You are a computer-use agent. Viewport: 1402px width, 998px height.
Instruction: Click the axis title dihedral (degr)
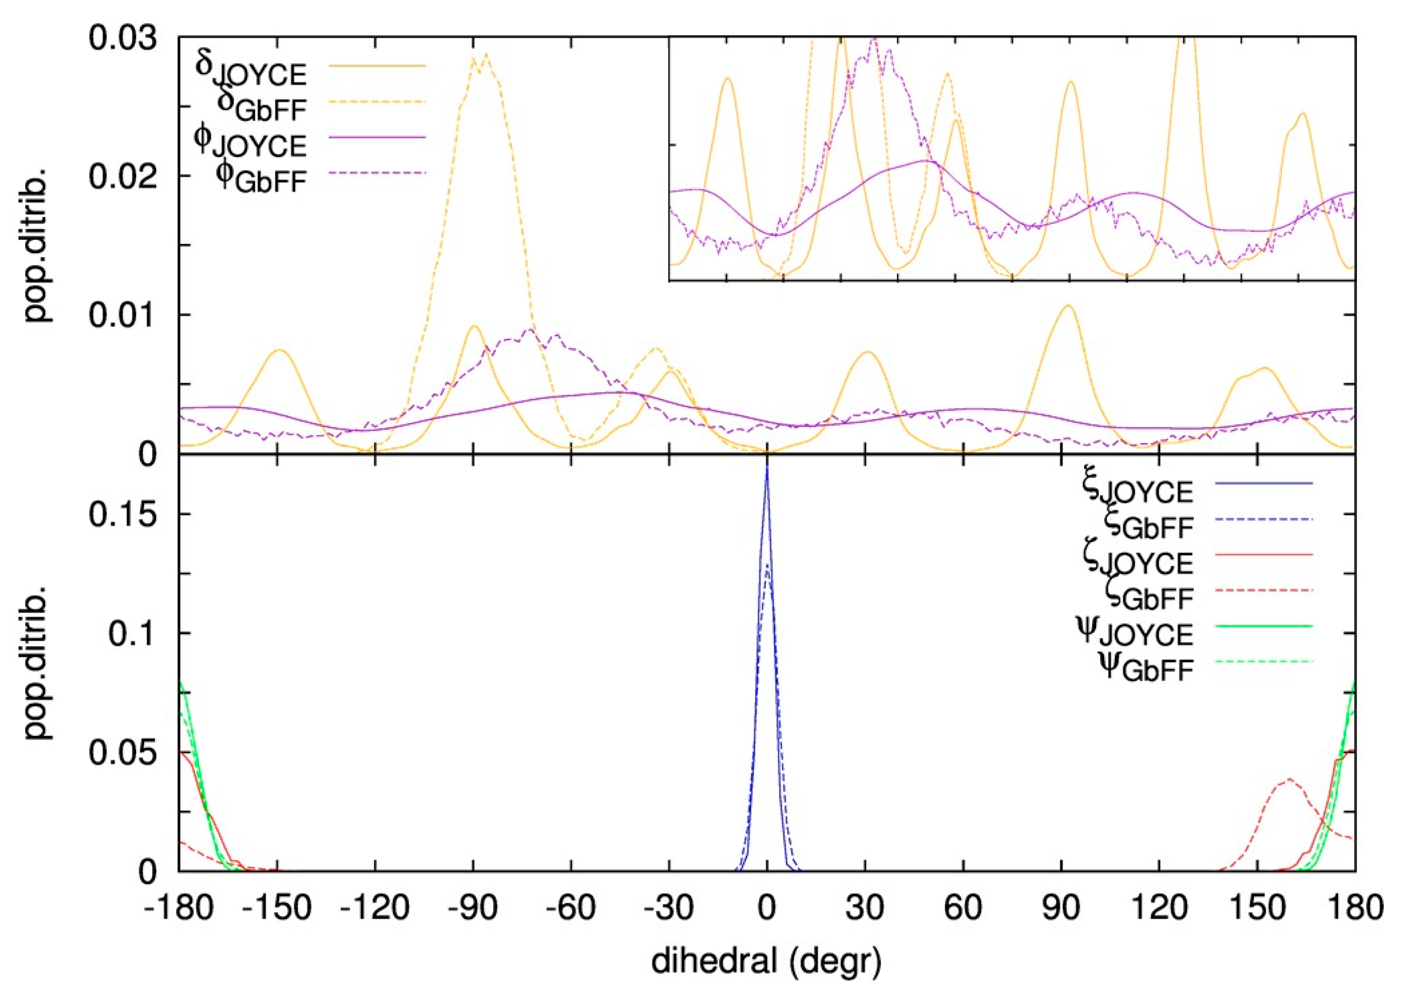click(x=766, y=962)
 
